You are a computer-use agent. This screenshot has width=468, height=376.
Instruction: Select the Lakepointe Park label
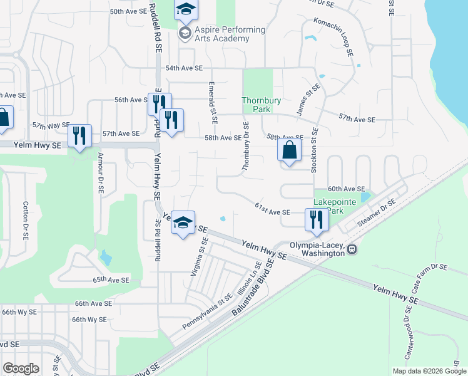[329, 207]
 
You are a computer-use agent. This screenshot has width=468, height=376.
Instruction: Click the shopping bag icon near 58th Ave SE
[289, 151]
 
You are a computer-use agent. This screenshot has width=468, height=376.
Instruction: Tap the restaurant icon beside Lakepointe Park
[315, 220]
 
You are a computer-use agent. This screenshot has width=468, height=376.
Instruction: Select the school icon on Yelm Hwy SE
[183, 223]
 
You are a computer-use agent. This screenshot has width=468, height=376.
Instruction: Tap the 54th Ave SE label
[184, 68]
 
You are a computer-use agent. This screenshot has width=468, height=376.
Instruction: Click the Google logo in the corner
[21, 368]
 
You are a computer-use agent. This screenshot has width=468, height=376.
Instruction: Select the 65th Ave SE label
[111, 280]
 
